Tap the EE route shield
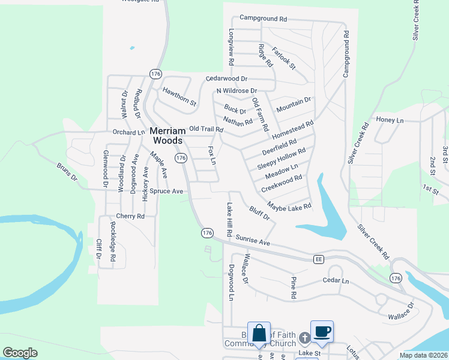(x=318, y=259)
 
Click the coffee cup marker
(x=322, y=331)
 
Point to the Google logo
(x=20, y=353)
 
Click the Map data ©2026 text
(x=423, y=355)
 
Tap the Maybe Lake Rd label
(x=289, y=206)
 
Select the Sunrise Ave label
(x=253, y=241)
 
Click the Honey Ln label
(x=390, y=121)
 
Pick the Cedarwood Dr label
(x=226, y=79)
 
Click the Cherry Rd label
(x=130, y=216)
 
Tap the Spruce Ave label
(x=166, y=191)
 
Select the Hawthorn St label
(x=179, y=96)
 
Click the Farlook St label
(x=283, y=58)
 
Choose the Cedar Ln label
(x=336, y=280)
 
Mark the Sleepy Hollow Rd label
(x=282, y=158)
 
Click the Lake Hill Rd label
(x=229, y=218)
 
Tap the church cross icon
(x=304, y=339)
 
